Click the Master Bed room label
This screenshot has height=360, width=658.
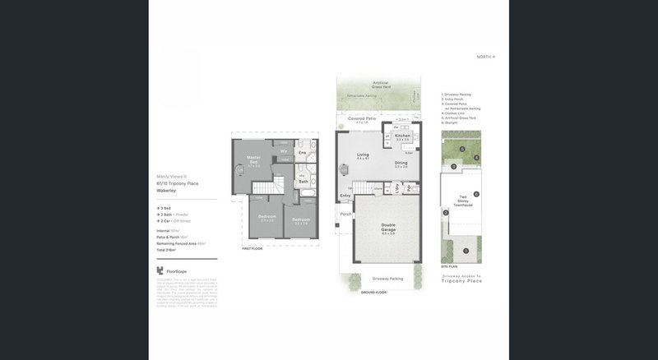[254, 159]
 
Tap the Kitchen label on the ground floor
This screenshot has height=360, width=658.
[402, 136]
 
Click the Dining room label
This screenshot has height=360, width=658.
[401, 164]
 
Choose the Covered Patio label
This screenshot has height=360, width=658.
[362, 119]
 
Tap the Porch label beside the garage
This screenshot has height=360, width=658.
[345, 214]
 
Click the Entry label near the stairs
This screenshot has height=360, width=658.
[346, 196]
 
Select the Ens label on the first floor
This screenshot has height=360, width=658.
[302, 152]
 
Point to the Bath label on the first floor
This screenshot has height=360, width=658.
[303, 182]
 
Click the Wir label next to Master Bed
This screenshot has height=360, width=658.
[283, 151]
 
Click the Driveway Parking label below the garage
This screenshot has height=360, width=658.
[386, 279]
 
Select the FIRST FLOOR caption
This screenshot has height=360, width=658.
[252, 247]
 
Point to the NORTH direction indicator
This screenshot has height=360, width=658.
[486, 57]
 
